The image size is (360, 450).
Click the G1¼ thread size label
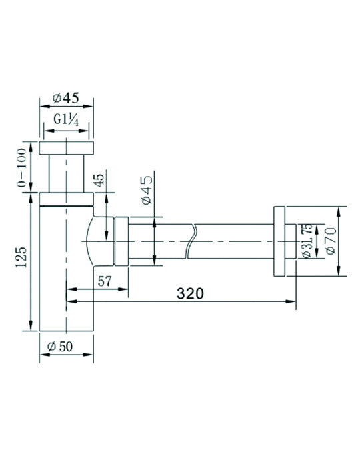(66, 119)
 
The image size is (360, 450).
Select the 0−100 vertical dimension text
(22, 167)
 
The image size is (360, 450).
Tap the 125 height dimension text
(21, 257)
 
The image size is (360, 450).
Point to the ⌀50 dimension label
(60, 347)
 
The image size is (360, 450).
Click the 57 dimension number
(105, 281)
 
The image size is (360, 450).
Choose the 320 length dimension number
(190, 293)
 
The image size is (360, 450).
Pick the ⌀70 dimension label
(331, 241)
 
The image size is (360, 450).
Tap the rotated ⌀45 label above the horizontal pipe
(147, 190)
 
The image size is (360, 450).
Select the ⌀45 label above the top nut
(66, 98)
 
